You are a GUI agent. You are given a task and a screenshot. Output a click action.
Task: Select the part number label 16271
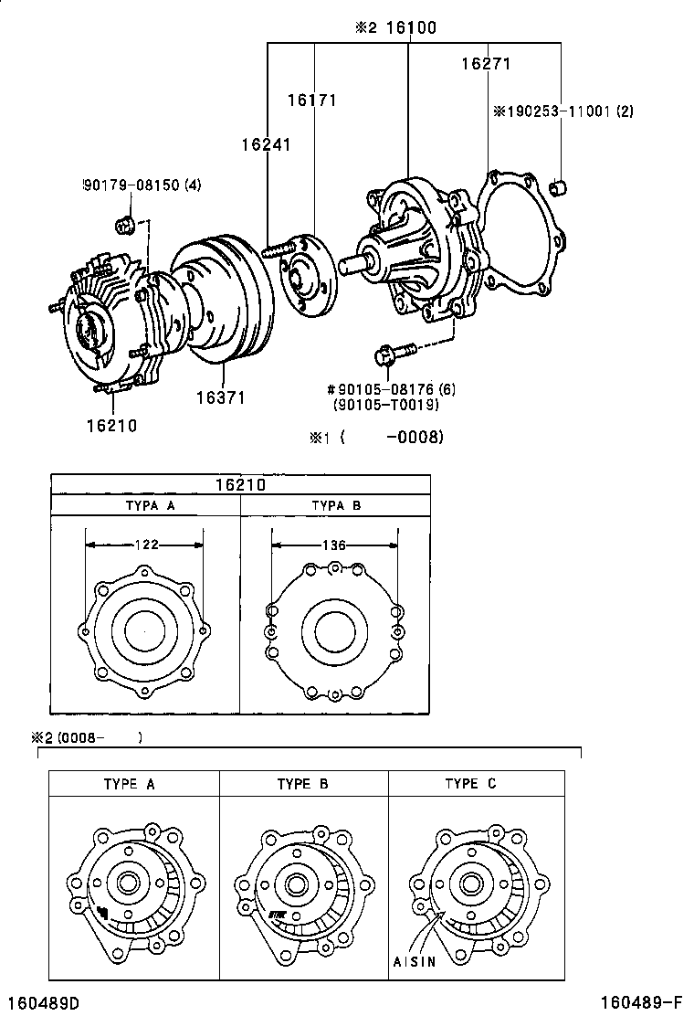tap(485, 64)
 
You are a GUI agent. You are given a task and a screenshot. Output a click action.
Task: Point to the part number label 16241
tap(266, 144)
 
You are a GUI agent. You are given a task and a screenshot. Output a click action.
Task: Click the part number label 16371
tap(219, 398)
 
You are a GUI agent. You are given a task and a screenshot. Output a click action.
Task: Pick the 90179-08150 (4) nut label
tap(142, 185)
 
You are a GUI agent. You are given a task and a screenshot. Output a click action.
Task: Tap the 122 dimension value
tap(146, 545)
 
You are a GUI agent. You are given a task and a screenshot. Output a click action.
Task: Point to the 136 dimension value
tap(334, 545)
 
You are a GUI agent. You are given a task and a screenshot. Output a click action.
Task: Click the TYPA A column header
tap(146, 505)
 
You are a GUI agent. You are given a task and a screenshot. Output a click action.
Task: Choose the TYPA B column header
tap(336, 505)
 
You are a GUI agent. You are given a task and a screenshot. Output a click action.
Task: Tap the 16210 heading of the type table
tap(240, 484)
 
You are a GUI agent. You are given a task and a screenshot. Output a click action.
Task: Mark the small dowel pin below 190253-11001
tap(561, 190)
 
